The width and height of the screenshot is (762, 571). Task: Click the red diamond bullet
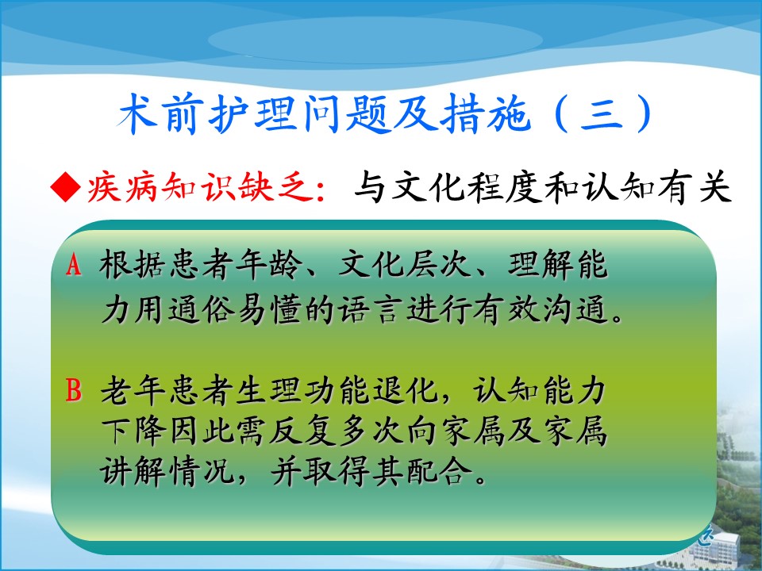(66, 187)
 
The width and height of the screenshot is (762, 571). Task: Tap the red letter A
(73, 265)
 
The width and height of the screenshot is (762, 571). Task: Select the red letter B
(73, 390)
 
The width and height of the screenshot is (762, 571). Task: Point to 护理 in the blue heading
(252, 114)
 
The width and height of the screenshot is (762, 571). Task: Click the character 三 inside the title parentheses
(602, 114)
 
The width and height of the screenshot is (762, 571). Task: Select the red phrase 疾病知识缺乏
(200, 187)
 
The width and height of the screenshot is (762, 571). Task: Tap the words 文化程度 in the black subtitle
(467, 187)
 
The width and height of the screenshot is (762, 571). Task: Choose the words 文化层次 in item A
(404, 265)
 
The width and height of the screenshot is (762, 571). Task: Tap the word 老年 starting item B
(133, 390)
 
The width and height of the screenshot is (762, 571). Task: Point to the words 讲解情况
(167, 470)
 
